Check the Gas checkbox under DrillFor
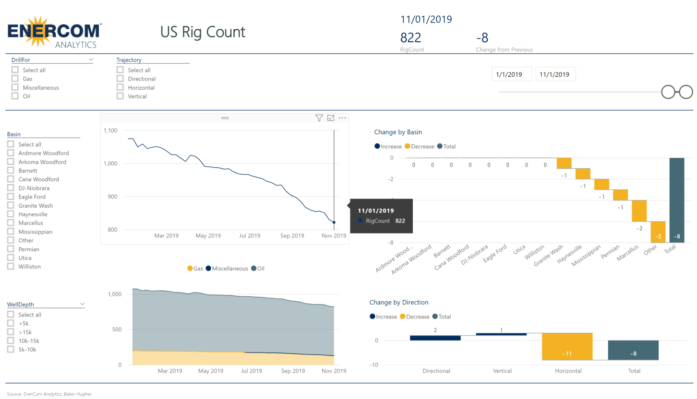click(x=15, y=79)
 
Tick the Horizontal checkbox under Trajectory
click(x=120, y=88)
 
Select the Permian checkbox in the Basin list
click(x=11, y=249)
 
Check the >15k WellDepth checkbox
click(x=11, y=332)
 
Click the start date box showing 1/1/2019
click(x=512, y=74)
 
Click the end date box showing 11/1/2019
click(x=555, y=74)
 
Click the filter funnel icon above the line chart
click(x=319, y=118)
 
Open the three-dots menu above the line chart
click(x=342, y=118)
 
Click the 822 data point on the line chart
click(x=334, y=223)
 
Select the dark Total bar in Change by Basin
click(x=676, y=200)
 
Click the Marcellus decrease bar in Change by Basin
click(x=639, y=211)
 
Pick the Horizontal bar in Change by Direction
click(x=567, y=346)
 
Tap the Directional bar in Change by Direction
click(x=435, y=338)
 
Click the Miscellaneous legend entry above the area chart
click(x=227, y=269)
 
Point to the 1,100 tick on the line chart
click(x=110, y=130)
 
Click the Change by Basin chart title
click(x=398, y=132)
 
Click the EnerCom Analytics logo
click(x=54, y=32)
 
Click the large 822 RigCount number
click(x=410, y=38)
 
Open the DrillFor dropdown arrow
click(x=91, y=60)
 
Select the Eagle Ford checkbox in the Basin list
click(x=11, y=197)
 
